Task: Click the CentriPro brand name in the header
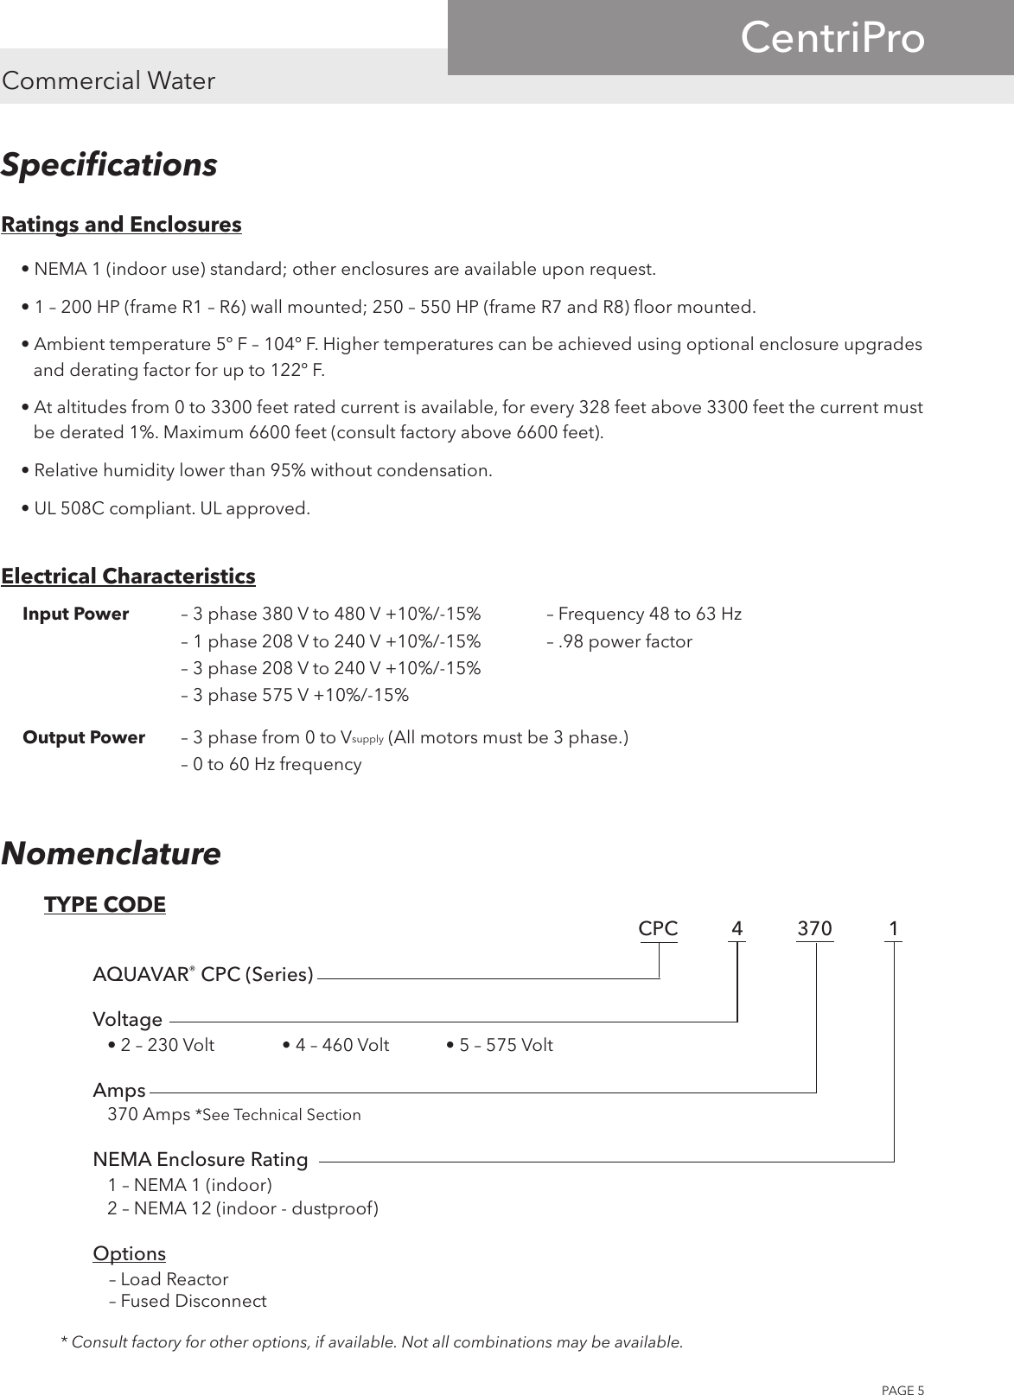coord(832,39)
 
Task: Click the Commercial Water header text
coord(109,81)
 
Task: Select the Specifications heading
coord(109,164)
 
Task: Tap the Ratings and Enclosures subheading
coord(122,225)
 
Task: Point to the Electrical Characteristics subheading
coord(129,576)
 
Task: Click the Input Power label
coord(75,615)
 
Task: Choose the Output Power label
coord(84,738)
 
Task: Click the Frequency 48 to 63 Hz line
coord(644,615)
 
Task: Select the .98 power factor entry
coord(620,642)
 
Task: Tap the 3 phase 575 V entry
coord(295,696)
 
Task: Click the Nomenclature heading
coord(111,854)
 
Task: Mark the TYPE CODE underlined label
coord(105,905)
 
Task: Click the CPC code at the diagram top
coord(658,929)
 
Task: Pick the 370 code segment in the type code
coord(814,929)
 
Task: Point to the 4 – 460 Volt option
coord(336,1046)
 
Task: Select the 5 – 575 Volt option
coord(500,1046)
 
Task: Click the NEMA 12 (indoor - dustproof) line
coord(242,1208)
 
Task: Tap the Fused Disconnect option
coord(188,1302)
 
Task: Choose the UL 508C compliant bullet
coord(165,509)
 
